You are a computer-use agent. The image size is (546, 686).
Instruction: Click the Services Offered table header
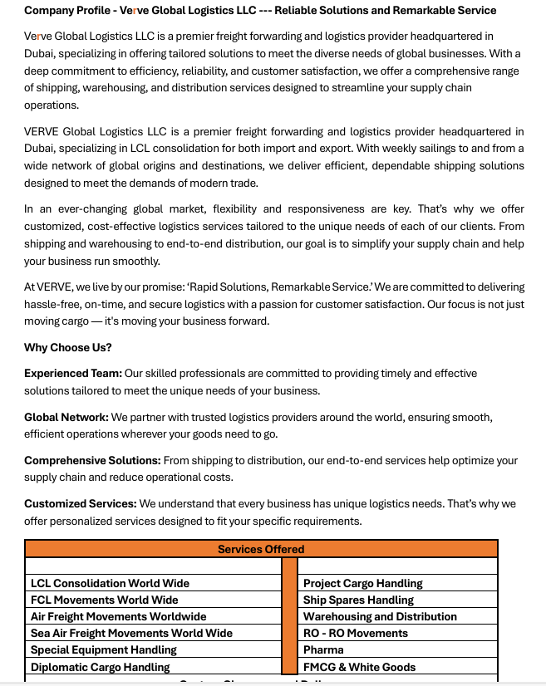pos(261,549)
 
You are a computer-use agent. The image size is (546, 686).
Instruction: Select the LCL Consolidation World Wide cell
pos(110,583)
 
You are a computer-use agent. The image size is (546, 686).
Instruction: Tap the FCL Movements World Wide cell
pos(104,600)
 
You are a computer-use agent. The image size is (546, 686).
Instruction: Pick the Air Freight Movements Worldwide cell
pos(118,616)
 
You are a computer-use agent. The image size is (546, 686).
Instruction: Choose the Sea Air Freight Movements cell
pos(131,633)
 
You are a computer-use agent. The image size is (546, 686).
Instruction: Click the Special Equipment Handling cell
pos(103,649)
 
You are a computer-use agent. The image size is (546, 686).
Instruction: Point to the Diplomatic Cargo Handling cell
pos(100,667)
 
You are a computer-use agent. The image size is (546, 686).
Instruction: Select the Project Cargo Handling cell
pos(362,583)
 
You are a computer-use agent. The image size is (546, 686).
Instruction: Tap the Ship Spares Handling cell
pos(358,600)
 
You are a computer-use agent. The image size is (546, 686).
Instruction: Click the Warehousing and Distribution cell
pos(380,616)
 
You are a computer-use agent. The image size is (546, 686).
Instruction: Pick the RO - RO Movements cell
pos(355,633)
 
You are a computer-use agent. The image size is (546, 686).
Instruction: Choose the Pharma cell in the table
pos(323,649)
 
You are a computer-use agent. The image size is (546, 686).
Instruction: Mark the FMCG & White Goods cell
pos(359,667)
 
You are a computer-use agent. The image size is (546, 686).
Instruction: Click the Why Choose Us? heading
pos(68,347)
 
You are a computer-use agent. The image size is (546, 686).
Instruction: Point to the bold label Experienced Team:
pos(73,374)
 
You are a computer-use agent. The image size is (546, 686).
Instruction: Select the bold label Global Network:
pos(66,417)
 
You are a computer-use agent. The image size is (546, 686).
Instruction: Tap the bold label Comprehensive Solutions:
pos(92,460)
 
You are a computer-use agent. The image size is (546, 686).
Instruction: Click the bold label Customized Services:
pos(80,503)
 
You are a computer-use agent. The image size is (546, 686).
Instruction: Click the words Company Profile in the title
pos(66,11)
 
